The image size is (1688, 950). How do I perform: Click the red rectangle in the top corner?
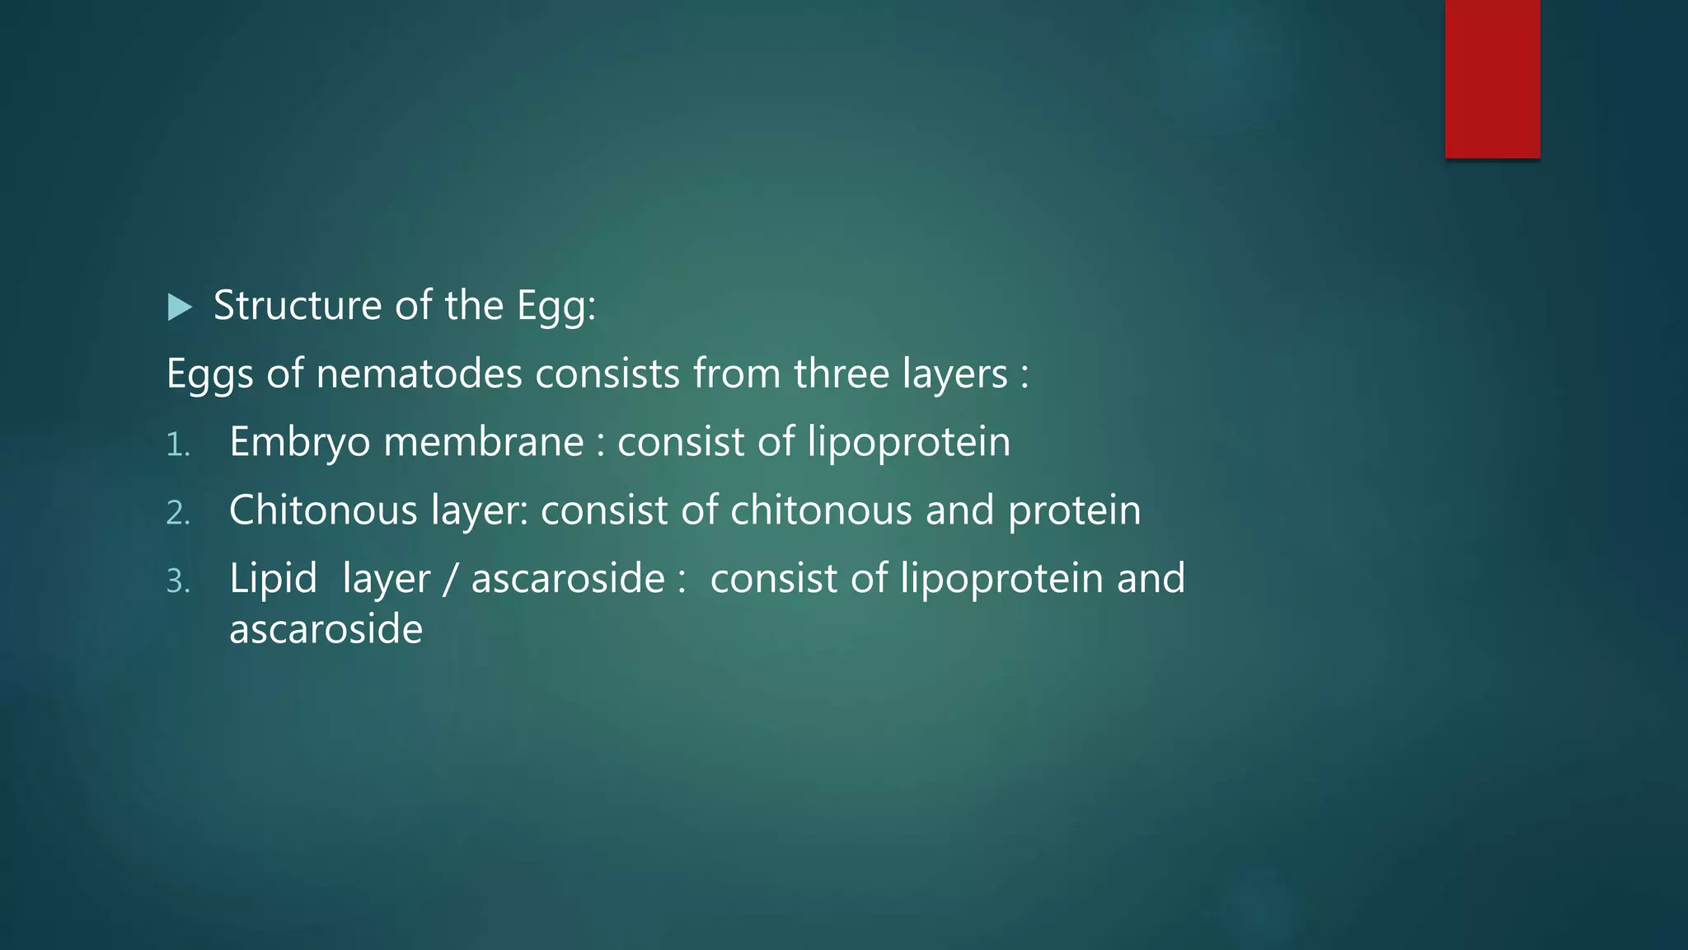pos(1492,78)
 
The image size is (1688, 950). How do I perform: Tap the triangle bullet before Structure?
pos(179,308)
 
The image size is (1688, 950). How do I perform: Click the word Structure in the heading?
pos(298,306)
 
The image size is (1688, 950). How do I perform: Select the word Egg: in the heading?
pos(556,308)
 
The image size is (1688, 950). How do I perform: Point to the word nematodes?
pos(419,374)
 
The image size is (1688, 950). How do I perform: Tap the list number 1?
pos(177,445)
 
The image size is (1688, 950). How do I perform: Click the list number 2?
pos(178,514)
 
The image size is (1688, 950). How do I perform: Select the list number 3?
pos(178,582)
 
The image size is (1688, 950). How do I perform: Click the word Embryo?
pos(300,443)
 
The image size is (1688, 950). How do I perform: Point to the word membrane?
pos(484,442)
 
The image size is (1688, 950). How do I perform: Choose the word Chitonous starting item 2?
pos(323,510)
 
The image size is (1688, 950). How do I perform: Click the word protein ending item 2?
pos(1074,511)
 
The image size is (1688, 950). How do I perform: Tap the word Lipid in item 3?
pos(273,578)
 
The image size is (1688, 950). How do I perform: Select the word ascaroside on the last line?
pos(326,629)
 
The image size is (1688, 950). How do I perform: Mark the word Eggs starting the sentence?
pos(209,375)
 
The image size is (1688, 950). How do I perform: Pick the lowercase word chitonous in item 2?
pos(821,510)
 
